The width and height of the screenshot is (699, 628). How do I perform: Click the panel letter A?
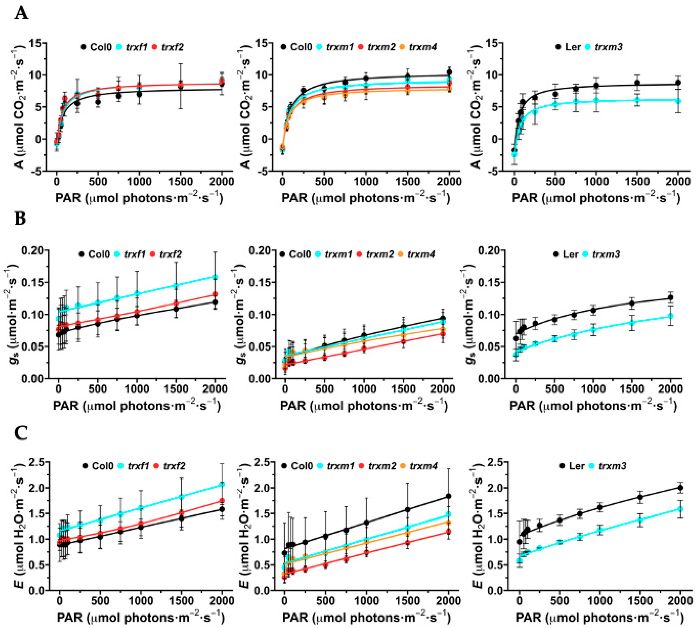21,14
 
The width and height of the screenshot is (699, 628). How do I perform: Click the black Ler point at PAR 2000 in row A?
678,82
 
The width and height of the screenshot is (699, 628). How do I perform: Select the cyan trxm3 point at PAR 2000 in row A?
678,101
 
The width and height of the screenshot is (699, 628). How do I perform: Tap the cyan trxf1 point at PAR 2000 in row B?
215,277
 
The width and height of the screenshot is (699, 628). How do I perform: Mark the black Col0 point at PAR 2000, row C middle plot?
449,496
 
